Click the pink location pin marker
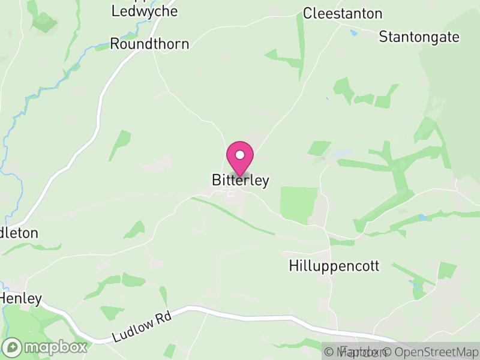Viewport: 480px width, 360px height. (240, 158)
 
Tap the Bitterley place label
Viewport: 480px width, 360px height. (240, 181)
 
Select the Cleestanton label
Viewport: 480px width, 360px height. (343, 13)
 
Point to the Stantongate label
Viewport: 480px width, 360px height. (419, 37)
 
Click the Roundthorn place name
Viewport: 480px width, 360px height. (149, 44)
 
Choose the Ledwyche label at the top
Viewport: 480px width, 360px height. (144, 11)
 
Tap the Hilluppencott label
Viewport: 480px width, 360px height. (334, 266)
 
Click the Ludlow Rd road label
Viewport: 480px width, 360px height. (143, 327)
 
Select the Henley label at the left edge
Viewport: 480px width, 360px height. (21, 298)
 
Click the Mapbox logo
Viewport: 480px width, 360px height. (46, 347)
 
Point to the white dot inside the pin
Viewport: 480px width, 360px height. (240, 154)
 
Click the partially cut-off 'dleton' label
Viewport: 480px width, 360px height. (19, 233)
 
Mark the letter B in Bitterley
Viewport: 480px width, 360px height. (217, 181)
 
